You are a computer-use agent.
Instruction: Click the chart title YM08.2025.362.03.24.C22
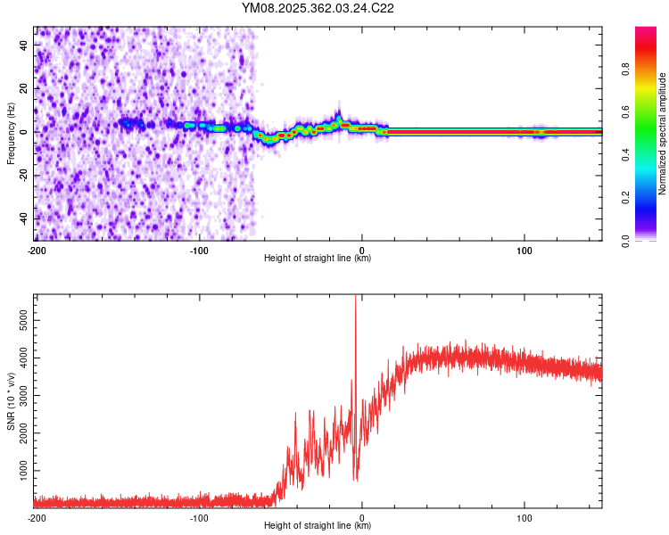(318, 9)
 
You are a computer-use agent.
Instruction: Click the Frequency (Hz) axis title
(11, 134)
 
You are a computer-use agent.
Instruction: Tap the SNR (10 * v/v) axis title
(11, 399)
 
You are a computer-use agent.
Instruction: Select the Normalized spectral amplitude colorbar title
(662, 134)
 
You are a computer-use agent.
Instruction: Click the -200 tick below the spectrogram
(36, 250)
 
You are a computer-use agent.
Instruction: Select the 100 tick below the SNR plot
(524, 517)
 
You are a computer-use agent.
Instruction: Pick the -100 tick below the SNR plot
(198, 517)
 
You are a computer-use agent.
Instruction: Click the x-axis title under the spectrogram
(318, 259)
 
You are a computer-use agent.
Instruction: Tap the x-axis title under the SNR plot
(318, 526)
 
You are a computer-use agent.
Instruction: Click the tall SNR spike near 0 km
(356, 303)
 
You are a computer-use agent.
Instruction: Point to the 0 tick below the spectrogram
(362, 250)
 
